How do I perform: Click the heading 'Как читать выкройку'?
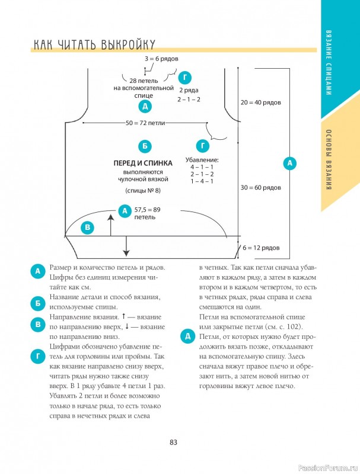pos(94,45)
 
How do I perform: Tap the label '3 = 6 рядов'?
pos(161,59)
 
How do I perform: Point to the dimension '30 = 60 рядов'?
pos(261,187)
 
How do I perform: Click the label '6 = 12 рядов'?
pos(259,248)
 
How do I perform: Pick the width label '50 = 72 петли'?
pos(145,123)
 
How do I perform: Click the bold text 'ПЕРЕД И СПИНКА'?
pos(143,162)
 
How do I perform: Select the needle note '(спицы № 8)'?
pos(143,190)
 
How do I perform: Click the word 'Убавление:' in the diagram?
pos(203,159)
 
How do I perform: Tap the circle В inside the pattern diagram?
pos(88,227)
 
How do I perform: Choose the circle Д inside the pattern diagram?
pos(144,107)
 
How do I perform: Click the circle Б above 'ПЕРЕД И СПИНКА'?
pos(143,146)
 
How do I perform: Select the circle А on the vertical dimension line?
pos(289,162)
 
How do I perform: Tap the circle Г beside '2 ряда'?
pos(186,78)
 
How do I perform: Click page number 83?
pos(174,442)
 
